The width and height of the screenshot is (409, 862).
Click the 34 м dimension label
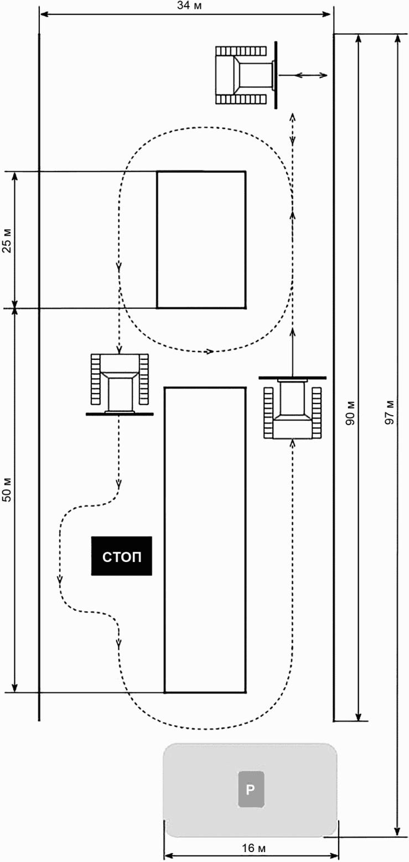click(x=189, y=6)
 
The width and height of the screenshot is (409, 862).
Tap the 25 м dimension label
click(x=7, y=240)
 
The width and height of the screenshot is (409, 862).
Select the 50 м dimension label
click(x=7, y=490)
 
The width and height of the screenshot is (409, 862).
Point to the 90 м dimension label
click(x=350, y=413)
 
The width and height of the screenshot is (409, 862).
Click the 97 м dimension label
click(x=390, y=412)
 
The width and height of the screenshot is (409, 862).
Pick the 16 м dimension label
click(x=254, y=848)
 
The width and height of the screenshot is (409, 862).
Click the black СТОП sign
click(x=122, y=556)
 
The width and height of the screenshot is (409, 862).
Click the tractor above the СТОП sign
click(x=120, y=384)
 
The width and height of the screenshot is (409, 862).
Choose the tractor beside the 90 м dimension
click(x=293, y=407)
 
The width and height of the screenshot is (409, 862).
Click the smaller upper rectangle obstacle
click(x=201, y=240)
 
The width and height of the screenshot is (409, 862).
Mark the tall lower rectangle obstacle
click(x=205, y=540)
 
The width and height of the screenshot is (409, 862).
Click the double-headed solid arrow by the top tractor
click(x=303, y=75)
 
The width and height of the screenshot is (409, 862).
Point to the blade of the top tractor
click(x=276, y=75)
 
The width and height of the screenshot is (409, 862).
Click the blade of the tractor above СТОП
click(x=120, y=414)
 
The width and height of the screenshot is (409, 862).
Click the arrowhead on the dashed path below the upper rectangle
click(x=210, y=351)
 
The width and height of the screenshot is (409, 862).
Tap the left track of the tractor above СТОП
click(x=95, y=379)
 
